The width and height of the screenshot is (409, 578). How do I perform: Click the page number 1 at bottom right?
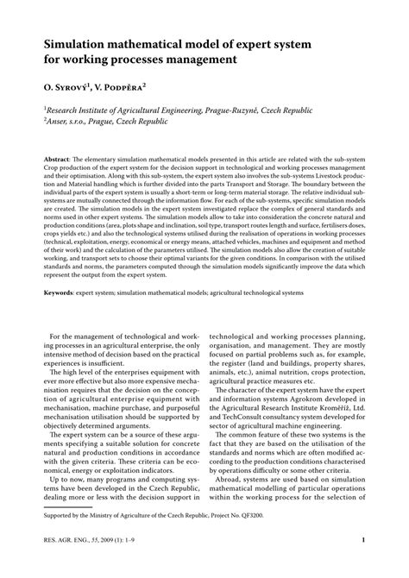(365, 566)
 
